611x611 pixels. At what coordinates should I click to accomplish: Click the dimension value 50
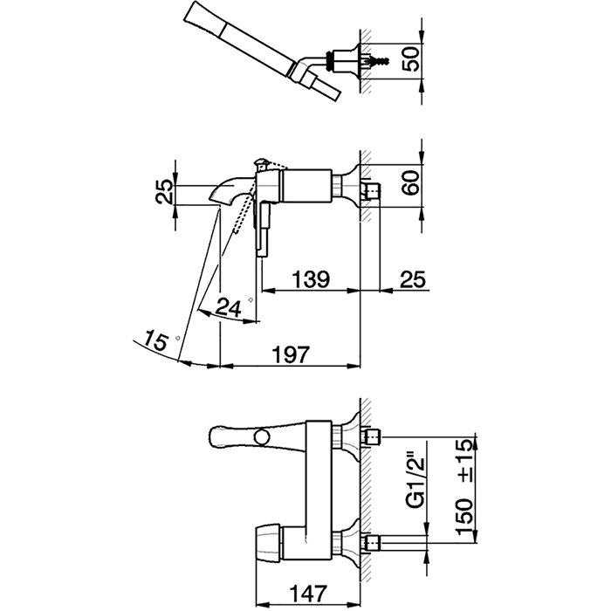[411, 59]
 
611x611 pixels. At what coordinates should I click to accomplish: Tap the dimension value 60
[411, 182]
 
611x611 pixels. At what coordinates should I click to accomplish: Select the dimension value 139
[311, 278]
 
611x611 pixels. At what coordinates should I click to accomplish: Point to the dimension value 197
[291, 354]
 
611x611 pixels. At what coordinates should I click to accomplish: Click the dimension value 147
[307, 594]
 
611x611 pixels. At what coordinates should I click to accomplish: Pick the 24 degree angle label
[229, 308]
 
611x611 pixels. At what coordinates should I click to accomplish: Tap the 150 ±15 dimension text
[464, 486]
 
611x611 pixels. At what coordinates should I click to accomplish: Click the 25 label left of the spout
[164, 191]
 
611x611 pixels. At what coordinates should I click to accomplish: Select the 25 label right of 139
[413, 278]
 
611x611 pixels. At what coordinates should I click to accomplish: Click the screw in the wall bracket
[379, 60]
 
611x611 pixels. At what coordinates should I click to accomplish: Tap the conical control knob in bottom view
[269, 540]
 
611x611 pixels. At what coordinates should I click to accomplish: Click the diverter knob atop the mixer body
[261, 164]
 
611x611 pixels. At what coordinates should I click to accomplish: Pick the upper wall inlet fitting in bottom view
[372, 436]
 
